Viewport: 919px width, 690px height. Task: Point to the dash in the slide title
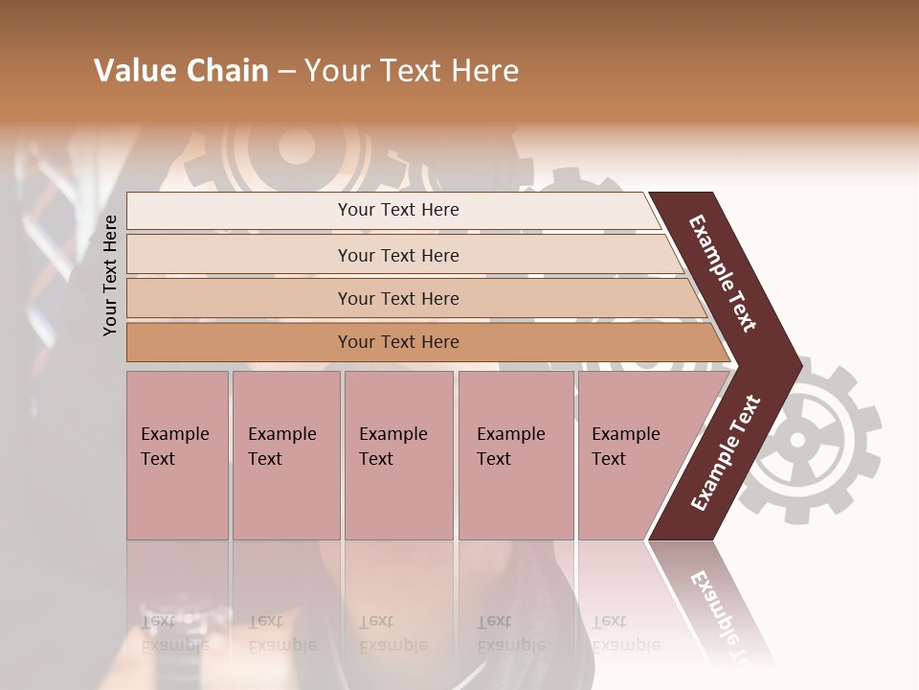point(284,72)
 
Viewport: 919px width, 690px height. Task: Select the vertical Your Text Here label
point(110,275)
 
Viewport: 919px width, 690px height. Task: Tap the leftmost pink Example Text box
point(177,455)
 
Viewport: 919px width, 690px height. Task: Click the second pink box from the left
point(286,455)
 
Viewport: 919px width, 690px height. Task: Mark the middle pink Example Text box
point(398,455)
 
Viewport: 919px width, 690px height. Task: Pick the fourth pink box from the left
point(516,455)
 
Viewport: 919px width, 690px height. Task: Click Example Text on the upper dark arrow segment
point(723,273)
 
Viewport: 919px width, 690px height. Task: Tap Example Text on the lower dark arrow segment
point(726,452)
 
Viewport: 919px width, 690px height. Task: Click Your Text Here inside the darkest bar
point(398,342)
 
